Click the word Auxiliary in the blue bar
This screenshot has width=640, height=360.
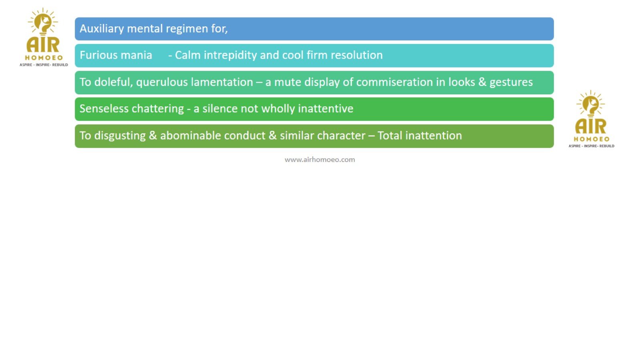click(x=102, y=29)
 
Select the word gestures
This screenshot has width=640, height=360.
click(x=511, y=82)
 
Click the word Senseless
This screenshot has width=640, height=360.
click(x=104, y=109)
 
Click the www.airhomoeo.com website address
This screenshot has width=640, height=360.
click(x=320, y=160)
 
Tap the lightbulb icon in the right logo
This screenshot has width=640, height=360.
click(x=590, y=104)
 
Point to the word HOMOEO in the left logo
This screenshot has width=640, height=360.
click(x=44, y=58)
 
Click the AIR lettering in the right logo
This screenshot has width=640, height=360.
click(x=590, y=127)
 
